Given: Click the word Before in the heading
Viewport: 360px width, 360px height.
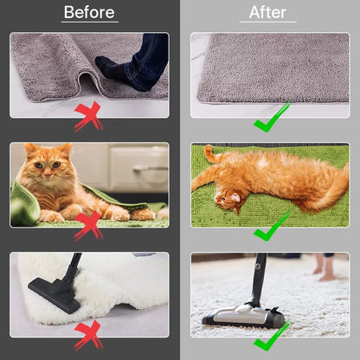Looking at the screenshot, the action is [89, 12].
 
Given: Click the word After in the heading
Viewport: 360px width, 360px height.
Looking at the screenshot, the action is [267, 12].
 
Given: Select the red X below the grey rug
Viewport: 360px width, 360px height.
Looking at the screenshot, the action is [89, 116].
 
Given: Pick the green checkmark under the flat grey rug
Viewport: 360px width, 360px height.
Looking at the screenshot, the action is [271, 117].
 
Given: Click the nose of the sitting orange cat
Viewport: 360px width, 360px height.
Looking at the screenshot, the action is [48, 175].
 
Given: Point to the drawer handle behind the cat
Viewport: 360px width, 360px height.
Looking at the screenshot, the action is [150, 168].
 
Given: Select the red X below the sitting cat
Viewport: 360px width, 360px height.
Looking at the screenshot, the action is [89, 226].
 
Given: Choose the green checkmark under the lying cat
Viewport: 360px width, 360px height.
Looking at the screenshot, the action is [271, 226].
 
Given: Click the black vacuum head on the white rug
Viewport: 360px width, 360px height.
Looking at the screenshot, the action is [55, 295].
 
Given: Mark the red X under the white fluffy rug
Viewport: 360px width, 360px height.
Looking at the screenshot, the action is [89, 335].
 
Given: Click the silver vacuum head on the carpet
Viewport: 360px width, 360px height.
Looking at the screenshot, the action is [244, 316].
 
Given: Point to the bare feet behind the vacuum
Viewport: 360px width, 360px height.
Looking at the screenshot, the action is [324, 268].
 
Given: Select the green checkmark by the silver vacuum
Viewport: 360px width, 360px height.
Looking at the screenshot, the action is [271, 335].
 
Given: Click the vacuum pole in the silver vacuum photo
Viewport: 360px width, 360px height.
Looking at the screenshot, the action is [259, 279].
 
